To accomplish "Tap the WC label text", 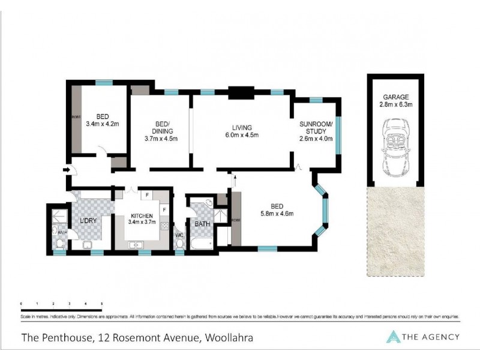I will click(x=179, y=235).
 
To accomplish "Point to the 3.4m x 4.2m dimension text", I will click(x=103, y=125).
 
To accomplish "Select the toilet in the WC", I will click(x=179, y=244).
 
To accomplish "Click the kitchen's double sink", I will click(x=136, y=244).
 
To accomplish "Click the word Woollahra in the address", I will click(x=228, y=337).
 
